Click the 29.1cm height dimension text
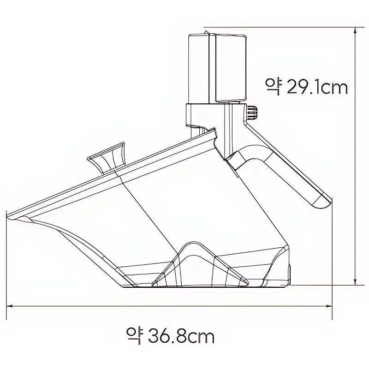pyautogui.click(x=317, y=87)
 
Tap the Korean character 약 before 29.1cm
pyautogui.click(x=274, y=87)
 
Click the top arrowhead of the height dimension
pyautogui.click(x=355, y=30)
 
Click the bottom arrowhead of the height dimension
pyautogui.click(x=355, y=282)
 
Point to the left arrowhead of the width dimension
pyautogui.click(x=9, y=306)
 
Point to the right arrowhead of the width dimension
pyautogui.click(x=329, y=306)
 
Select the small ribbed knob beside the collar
pyautogui.click(x=252, y=113)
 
